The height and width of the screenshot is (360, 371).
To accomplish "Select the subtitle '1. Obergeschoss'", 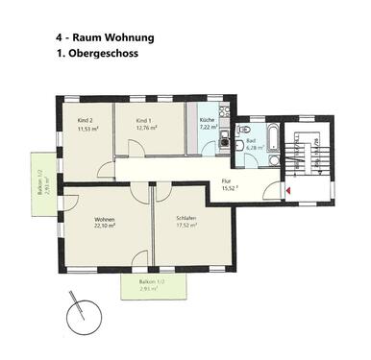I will (x=98, y=55).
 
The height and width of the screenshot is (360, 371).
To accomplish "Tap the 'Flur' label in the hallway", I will (x=227, y=180).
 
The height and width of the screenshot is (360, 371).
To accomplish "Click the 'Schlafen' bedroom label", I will (x=185, y=219).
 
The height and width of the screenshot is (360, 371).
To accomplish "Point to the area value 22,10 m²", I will (x=104, y=228).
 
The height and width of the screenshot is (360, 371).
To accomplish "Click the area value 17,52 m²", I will (x=185, y=228).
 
